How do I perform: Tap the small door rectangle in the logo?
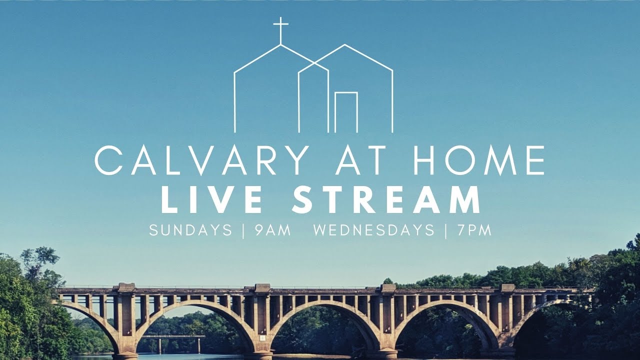coord(346,112)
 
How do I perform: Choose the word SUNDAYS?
coord(190,230)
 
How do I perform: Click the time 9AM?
coord(272,230)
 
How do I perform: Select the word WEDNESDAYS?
coord(374,230)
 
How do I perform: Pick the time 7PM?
coord(474,230)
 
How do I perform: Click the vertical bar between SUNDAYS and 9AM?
coord(243,230)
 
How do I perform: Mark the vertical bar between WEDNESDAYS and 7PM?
coord(446,230)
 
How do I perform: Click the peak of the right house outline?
coord(344,45)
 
